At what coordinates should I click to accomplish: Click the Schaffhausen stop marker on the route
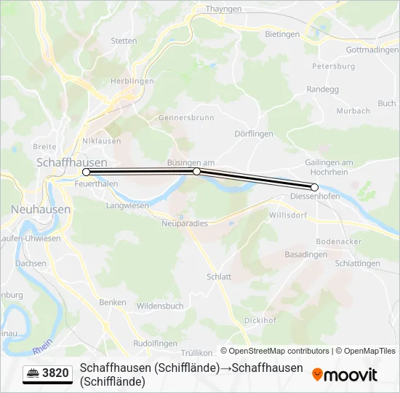(x=87, y=172)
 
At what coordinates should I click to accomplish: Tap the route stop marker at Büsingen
(x=197, y=171)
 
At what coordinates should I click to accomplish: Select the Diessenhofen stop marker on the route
(x=315, y=187)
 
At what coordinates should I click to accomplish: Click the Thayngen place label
(x=223, y=9)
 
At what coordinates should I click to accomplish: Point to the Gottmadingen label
(x=372, y=49)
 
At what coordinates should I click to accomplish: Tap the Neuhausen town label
(x=41, y=209)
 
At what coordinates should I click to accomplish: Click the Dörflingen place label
(x=254, y=134)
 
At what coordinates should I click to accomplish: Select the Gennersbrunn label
(x=186, y=117)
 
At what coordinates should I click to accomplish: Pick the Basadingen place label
(x=305, y=255)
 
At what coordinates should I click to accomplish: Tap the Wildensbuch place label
(x=160, y=306)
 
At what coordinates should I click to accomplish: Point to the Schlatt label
(x=219, y=277)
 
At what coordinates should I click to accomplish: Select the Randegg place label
(x=323, y=89)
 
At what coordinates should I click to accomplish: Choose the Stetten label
(x=124, y=41)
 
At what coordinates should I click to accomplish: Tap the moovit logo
(x=345, y=375)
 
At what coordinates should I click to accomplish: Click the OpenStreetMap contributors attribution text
(x=274, y=351)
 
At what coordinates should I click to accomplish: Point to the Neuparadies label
(x=184, y=223)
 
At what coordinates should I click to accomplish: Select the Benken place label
(x=113, y=301)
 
